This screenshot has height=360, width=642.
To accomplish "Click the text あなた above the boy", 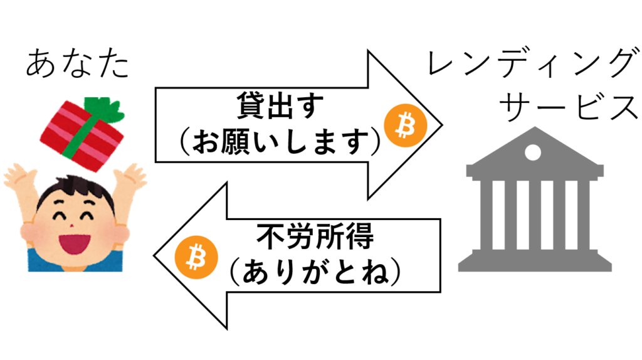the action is pos(77,63).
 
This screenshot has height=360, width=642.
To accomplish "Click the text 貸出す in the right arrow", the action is pos(280,105).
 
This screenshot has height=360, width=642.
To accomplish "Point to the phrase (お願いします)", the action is pos(280,141).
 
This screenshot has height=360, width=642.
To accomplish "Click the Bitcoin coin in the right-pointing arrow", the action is pos(406,125).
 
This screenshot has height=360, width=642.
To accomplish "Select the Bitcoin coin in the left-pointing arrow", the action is pos(196,257).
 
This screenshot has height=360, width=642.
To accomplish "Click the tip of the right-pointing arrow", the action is pos(442,125).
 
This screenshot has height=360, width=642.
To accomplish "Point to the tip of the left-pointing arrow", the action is pos(154,256).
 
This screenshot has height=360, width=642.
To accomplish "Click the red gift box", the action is pos(82,135).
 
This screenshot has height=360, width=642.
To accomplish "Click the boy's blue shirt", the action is pos(75,262).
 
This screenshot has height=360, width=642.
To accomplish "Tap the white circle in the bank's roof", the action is pos(533,153).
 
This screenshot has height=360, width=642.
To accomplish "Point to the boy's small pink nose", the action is pos(71,226).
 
